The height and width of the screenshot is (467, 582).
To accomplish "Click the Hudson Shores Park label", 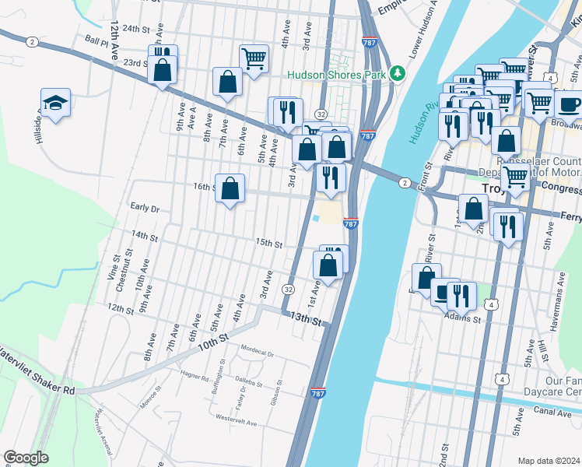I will pos(337,75).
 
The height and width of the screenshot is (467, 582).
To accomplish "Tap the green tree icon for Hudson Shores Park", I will pos(398,73).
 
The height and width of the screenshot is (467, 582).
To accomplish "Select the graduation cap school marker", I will pos(55,103).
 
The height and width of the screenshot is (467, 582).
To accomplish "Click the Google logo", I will pos(26,457).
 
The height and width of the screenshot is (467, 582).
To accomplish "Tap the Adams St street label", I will pos(463,318).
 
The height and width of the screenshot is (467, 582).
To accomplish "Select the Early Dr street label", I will pos(145,208).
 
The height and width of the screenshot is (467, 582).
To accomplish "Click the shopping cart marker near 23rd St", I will pos(254,58).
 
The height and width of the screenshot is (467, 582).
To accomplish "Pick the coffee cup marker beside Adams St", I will pos(444,292).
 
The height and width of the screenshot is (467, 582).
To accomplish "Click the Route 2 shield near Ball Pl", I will pos(31,41).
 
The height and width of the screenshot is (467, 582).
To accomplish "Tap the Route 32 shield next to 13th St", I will pos(288,289).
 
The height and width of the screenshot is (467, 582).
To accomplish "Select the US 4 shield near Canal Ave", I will pos(503,379).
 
